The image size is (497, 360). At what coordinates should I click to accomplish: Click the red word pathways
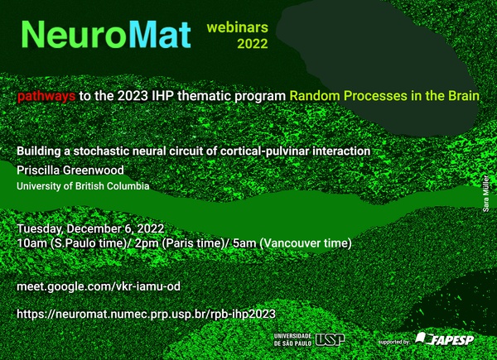coord(46,96)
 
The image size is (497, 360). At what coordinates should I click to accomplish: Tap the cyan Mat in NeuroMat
coord(160,35)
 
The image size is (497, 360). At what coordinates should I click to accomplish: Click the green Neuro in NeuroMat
coord(75,35)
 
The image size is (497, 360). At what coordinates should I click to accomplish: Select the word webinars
coord(238,27)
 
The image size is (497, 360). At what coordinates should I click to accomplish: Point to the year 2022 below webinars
coord(253,44)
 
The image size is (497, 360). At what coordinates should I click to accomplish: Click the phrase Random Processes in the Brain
coord(384,96)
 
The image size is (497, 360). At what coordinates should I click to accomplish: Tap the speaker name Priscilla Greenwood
coord(70,170)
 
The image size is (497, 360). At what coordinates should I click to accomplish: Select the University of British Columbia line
coord(83,186)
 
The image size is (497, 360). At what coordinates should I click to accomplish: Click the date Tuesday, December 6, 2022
coord(90,229)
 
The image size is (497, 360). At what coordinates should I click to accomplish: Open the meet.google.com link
coord(99,286)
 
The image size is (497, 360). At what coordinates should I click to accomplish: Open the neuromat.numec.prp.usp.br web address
coord(146,314)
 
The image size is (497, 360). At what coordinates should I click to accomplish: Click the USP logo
coord(330,340)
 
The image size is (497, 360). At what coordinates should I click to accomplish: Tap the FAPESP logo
coord(444,338)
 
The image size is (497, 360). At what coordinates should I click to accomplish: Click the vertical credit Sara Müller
coord(486,193)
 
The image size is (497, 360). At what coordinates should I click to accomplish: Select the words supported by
coord(393,342)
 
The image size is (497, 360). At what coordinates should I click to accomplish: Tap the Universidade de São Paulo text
coord(292,339)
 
